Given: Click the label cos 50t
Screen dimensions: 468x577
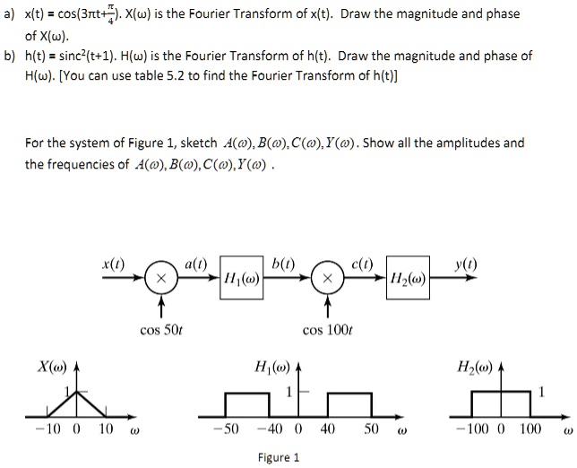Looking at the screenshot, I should (x=161, y=331).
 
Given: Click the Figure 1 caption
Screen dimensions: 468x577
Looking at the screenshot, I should (x=279, y=457).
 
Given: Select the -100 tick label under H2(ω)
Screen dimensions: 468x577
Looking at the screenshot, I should (x=473, y=429).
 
